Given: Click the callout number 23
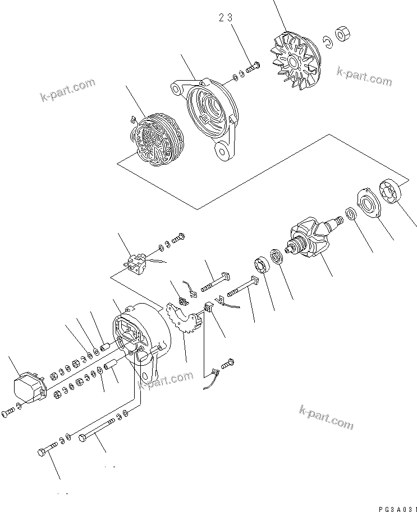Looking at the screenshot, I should tap(226, 18).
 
